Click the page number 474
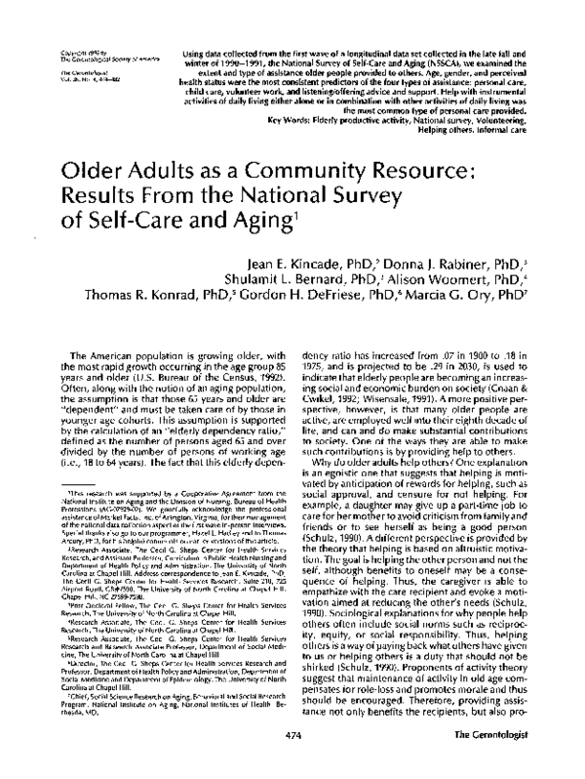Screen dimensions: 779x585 [x=293, y=758]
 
